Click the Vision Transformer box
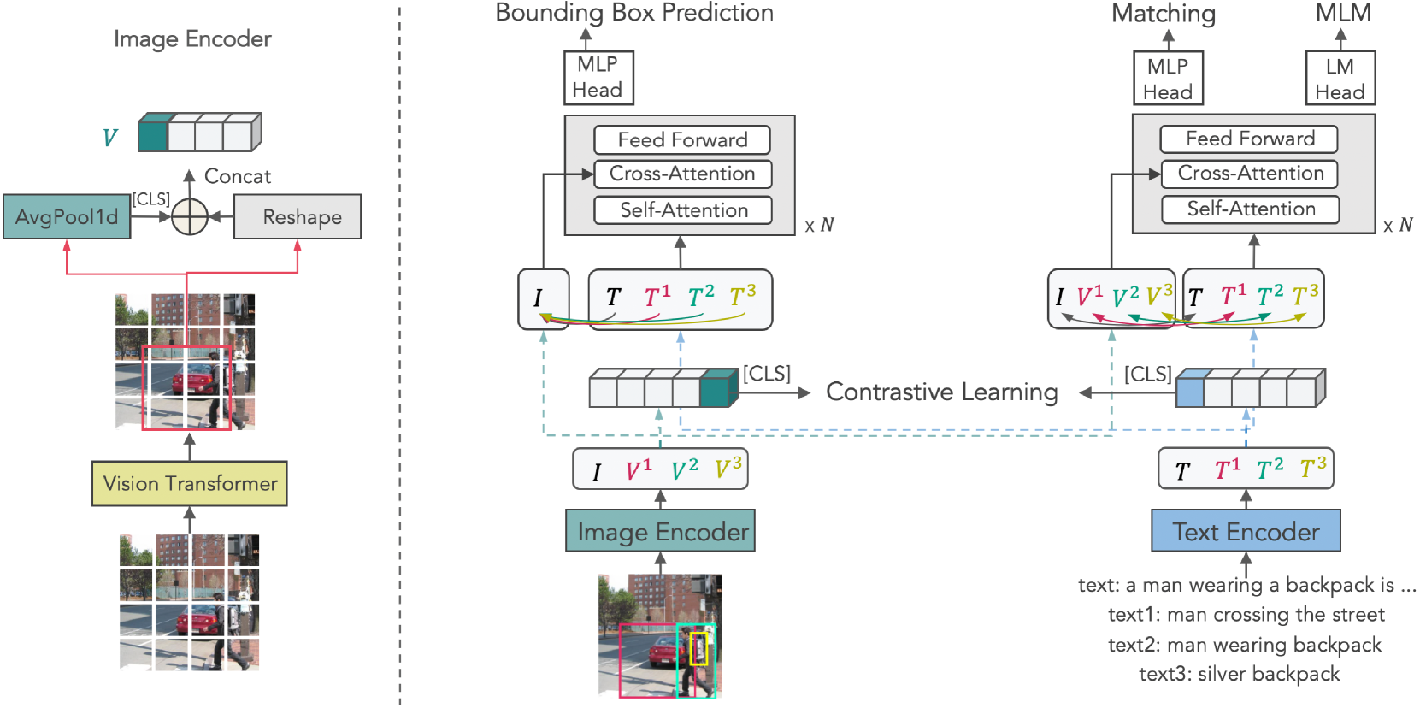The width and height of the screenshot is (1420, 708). [x=189, y=483]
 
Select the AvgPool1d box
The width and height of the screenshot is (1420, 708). [x=67, y=216]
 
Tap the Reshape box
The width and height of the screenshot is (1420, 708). [x=298, y=216]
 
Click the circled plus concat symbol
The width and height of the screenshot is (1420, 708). [x=190, y=216]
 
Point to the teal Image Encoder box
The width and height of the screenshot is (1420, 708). [x=660, y=531]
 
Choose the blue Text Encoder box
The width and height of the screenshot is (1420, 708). [x=1246, y=531]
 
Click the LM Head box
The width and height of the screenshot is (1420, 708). [x=1340, y=79]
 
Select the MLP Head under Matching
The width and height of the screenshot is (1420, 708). [x=1168, y=79]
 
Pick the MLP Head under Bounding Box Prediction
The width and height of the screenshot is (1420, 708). [x=598, y=77]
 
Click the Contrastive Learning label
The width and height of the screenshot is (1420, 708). [x=941, y=392]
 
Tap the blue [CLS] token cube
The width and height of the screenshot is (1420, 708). [x=1190, y=392]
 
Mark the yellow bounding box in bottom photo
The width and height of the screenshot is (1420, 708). [x=699, y=648]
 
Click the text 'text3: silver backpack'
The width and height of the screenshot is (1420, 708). [x=1239, y=674]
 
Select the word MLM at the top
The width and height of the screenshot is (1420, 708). [x=1342, y=13]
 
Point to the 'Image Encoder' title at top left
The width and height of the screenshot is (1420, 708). [x=192, y=39]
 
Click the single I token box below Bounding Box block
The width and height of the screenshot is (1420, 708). [x=543, y=298]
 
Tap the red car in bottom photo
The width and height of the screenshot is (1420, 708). [x=656, y=654]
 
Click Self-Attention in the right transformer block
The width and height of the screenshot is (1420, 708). [x=1250, y=209]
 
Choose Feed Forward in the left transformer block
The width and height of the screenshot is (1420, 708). [x=682, y=139]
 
